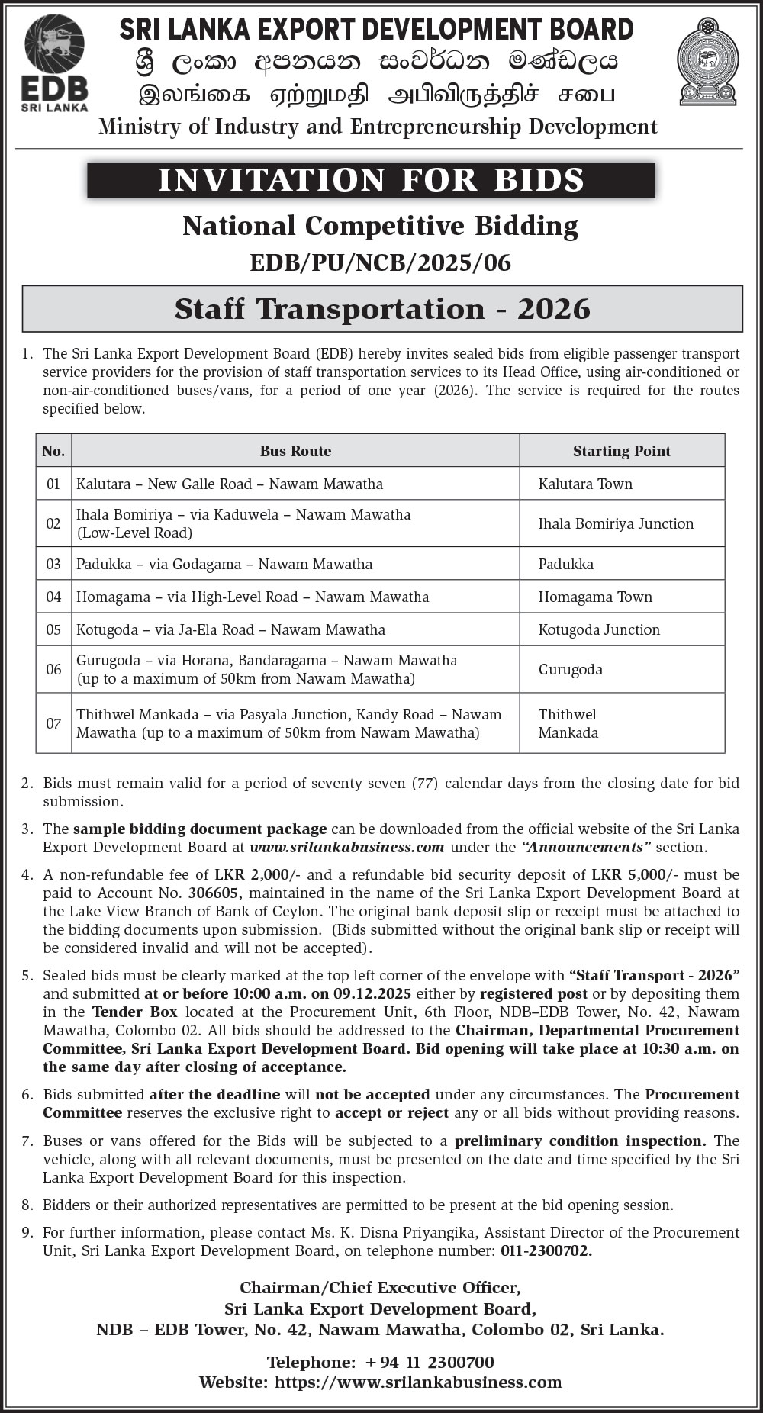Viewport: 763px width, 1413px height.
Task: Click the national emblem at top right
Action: (708, 61)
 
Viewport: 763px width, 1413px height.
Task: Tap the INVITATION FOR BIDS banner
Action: (371, 180)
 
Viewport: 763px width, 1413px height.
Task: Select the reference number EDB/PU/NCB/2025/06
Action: (380, 263)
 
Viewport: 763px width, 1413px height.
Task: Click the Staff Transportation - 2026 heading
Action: (382, 309)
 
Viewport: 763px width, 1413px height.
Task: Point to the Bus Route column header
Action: (295, 451)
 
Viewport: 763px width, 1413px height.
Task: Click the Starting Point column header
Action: (621, 451)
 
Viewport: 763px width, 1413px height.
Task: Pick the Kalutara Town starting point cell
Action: (585, 484)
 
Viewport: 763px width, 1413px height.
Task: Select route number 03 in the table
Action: (53, 565)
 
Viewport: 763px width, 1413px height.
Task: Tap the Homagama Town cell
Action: (595, 597)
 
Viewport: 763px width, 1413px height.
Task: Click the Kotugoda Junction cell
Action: (599, 629)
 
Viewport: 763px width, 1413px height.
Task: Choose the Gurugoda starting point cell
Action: (570, 669)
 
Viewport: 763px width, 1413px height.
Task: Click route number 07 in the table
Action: (53, 723)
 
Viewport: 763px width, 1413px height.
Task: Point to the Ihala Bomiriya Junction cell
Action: (616, 523)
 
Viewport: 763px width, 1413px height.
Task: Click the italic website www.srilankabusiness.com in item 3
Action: (347, 847)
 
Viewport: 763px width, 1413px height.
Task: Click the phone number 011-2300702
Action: (546, 1250)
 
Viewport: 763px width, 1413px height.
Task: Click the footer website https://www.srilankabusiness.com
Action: (418, 1382)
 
